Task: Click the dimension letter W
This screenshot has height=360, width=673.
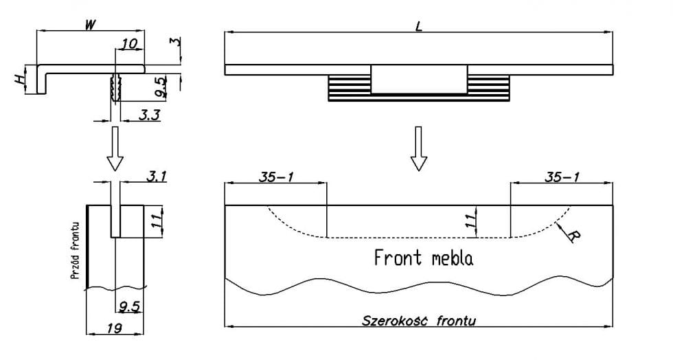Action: (x=89, y=25)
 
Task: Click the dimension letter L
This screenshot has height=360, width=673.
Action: (x=418, y=25)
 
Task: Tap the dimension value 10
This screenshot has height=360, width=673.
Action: (x=128, y=44)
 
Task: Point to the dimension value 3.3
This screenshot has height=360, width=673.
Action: (x=149, y=115)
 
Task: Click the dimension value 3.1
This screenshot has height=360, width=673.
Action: (x=157, y=176)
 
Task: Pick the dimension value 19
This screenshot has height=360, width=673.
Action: (x=115, y=328)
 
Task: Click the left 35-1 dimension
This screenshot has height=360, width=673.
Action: (x=277, y=177)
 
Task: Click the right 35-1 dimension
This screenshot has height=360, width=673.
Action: (x=561, y=177)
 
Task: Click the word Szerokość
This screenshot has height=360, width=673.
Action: (x=391, y=321)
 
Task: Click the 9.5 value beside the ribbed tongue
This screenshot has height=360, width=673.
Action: (x=159, y=87)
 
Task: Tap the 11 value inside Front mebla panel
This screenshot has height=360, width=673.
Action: (x=470, y=221)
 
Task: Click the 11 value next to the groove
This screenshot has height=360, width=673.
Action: (x=157, y=220)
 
